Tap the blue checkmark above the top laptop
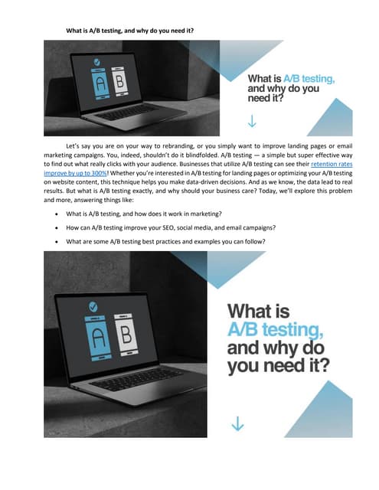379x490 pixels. coord(96,61)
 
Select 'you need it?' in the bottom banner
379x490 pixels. coord(281,367)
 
